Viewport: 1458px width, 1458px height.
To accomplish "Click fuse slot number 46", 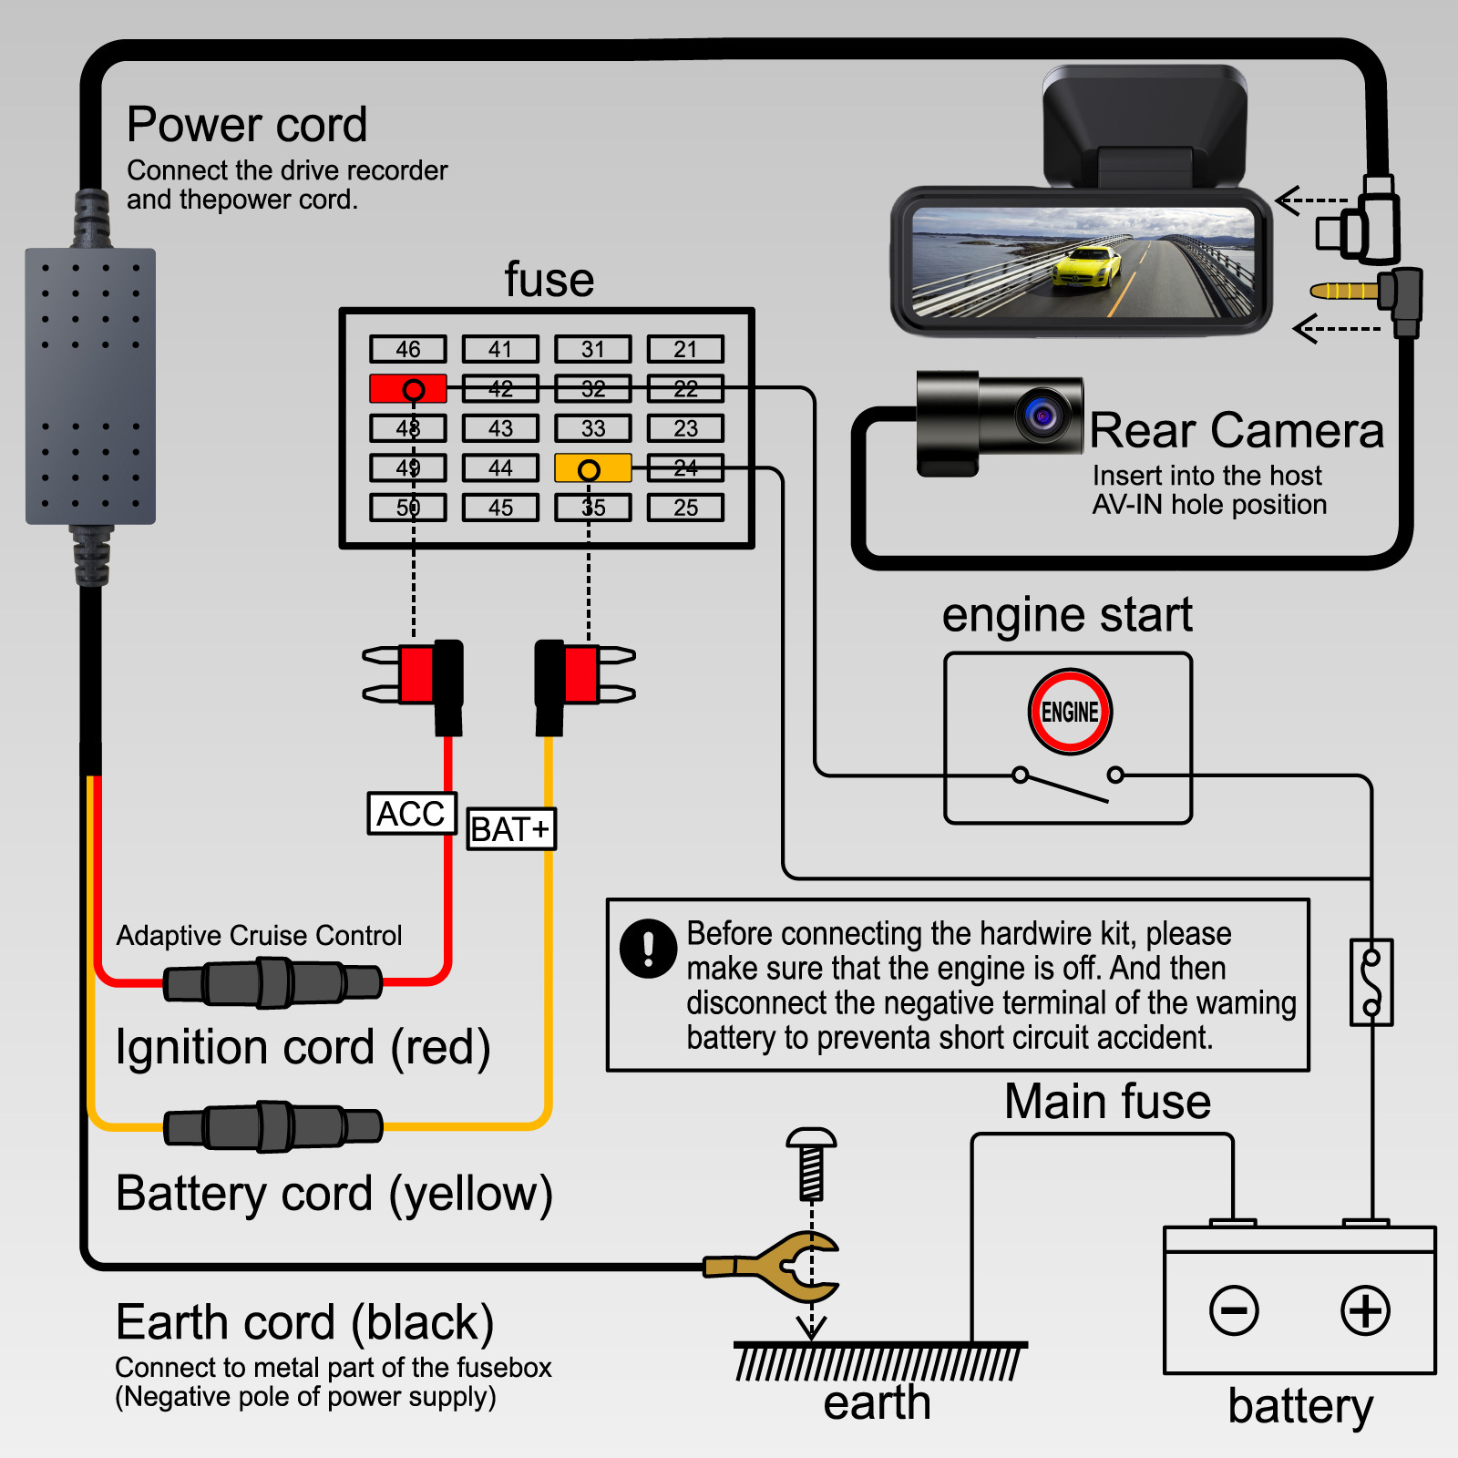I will coord(408,349).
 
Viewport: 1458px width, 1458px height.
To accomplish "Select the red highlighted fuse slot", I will coord(408,389).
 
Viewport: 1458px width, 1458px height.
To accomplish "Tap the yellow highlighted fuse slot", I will coord(592,469).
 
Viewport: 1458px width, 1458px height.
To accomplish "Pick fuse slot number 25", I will coord(685,508).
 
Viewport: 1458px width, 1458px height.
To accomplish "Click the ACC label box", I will coord(412,814).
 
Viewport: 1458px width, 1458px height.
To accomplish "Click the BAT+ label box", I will coord(510,829).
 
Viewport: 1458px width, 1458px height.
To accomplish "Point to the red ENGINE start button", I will coord(1070,712).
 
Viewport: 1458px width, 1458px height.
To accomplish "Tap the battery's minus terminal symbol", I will coord(1234,1311).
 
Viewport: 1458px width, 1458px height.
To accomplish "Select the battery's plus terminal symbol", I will coord(1365,1311).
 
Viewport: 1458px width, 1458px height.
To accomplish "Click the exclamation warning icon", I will coord(648,948).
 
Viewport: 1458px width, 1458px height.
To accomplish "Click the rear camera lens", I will coord(1042,416).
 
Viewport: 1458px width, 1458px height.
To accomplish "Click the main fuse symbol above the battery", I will coord(1371,982).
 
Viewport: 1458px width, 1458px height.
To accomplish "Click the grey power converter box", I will coord(90,386).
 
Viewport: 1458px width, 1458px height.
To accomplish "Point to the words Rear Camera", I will coord(1237,431).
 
